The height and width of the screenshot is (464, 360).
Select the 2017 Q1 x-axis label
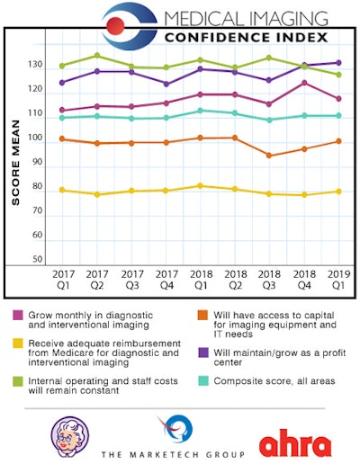pyautogui.click(x=62, y=279)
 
